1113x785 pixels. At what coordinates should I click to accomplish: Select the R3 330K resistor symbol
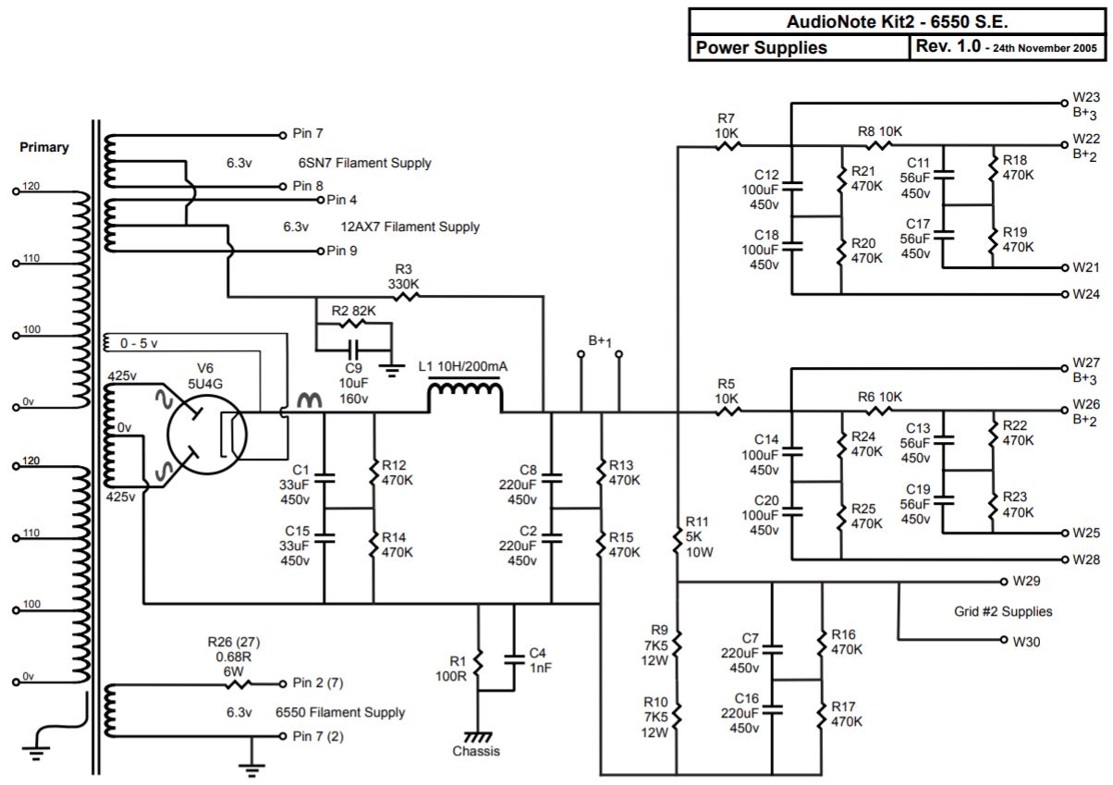404,297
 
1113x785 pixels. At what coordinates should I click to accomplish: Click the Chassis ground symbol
477,736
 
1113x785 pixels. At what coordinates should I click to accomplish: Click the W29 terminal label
1026,582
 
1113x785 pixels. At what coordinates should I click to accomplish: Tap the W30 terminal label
1027,641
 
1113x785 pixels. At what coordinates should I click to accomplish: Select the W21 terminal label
1085,268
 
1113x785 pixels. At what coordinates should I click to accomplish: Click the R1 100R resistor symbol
478,662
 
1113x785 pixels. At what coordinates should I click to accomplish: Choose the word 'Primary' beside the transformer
44,147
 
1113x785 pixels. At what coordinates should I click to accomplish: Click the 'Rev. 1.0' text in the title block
948,47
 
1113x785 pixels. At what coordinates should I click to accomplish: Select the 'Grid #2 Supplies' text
1003,611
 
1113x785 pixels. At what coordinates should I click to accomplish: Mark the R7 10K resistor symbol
728,145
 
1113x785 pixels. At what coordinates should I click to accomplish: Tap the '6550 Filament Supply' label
340,713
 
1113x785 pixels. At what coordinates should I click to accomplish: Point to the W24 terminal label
1086,295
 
